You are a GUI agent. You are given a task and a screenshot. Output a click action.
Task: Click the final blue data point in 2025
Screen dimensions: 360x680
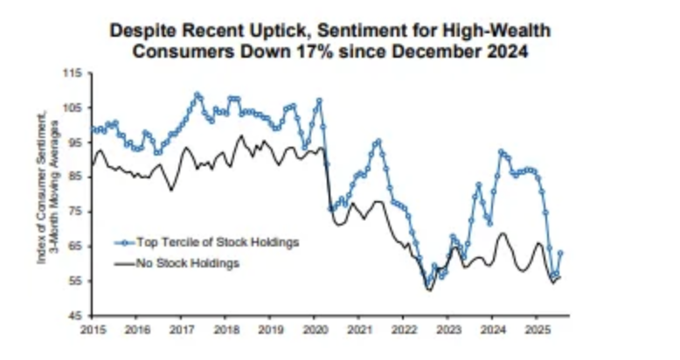point(560,253)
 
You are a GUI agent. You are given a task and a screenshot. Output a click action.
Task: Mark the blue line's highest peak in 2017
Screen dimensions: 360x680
point(197,94)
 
